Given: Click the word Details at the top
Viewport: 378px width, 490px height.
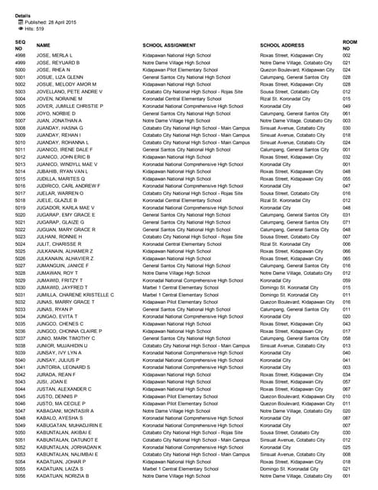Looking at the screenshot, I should point(23,15).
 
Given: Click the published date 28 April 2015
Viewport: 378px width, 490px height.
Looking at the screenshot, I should point(51,23).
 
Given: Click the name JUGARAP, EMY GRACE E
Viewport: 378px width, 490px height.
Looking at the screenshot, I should point(67,214).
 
